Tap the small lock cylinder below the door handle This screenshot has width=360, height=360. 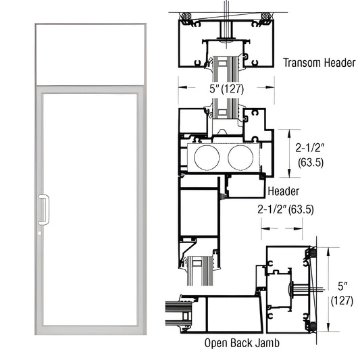coord(43,233)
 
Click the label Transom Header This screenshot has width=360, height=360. coord(319,63)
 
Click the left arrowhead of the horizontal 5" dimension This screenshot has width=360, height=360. coord(180,85)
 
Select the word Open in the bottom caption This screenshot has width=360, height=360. coord(216,342)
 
